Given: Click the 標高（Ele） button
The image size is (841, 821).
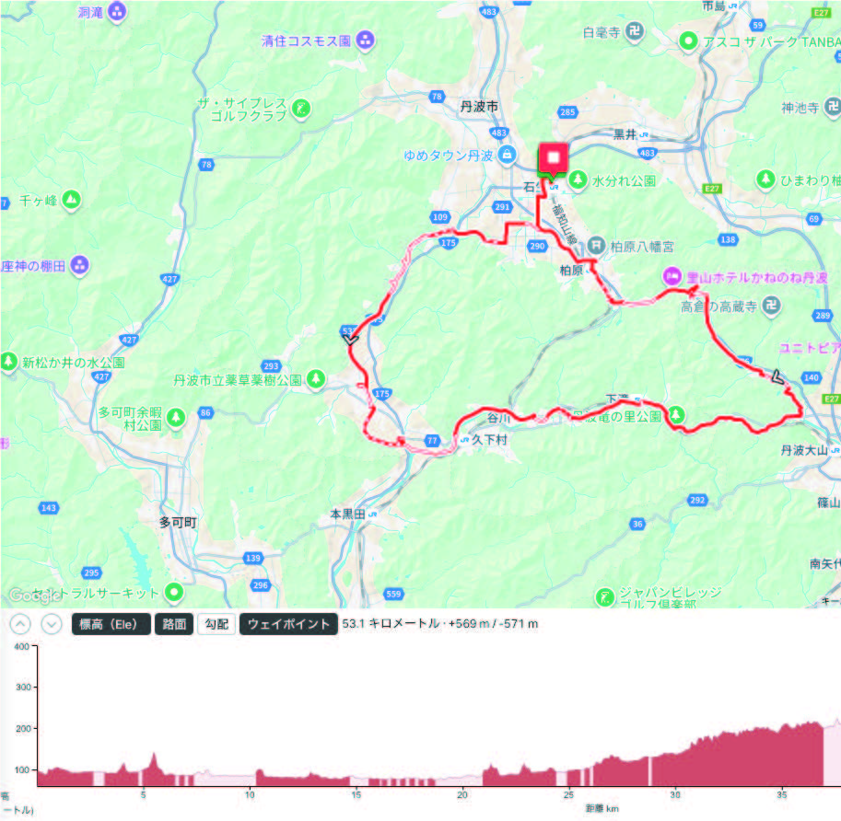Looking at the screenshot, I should tap(110, 624).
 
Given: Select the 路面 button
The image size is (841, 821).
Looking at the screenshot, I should tap(174, 624).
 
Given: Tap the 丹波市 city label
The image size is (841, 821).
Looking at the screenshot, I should tap(479, 108).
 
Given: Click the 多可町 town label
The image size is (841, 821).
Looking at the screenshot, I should tap(178, 522).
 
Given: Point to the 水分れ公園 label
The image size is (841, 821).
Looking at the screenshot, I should tap(624, 181).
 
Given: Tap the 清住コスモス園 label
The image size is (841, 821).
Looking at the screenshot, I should tap(306, 40).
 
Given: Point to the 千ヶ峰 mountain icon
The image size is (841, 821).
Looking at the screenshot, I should tap(72, 199).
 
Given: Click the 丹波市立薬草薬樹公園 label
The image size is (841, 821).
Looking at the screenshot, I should tap(238, 379).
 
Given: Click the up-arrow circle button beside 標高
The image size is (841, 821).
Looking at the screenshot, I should tap(21, 624).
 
